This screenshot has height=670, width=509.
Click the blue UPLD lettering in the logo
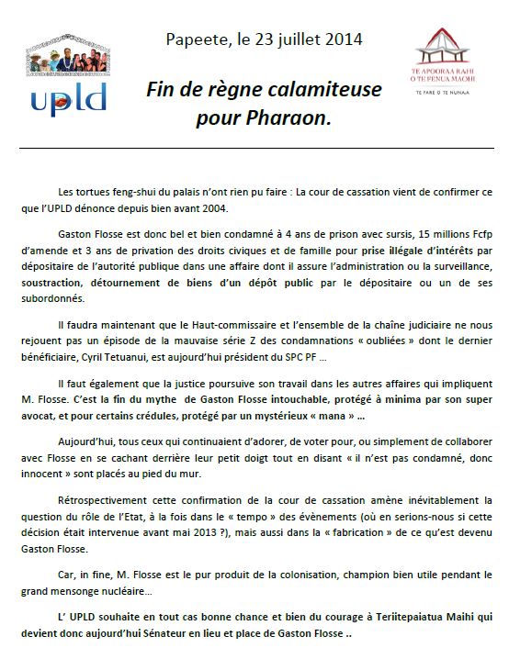69,95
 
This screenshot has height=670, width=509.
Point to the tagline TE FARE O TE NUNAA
445,92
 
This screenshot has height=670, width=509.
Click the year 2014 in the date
344,39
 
